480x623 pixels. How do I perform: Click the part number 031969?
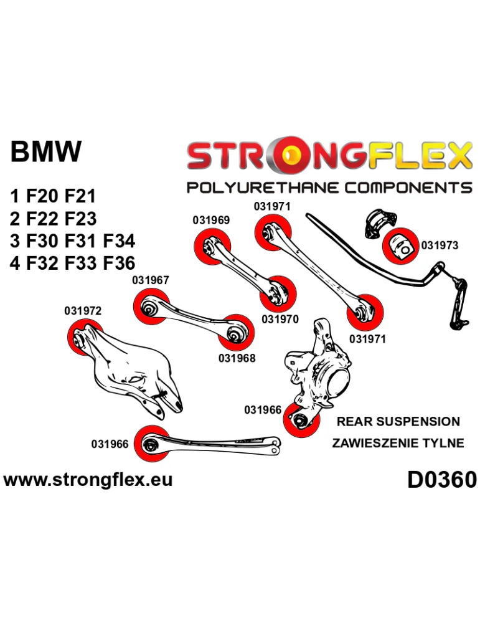tap(211, 220)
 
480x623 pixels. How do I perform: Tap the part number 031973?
tap(439, 245)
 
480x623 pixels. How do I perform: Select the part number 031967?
tap(151, 281)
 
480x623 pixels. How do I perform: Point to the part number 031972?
tap(82, 310)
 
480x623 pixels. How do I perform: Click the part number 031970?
tap(280, 320)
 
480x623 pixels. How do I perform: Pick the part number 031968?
tap(237, 358)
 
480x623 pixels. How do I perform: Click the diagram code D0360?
tap(441, 479)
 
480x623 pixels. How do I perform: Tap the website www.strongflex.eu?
tap(88, 480)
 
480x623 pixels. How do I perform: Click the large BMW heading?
tap(47, 153)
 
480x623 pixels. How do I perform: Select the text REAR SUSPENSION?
tap(398, 422)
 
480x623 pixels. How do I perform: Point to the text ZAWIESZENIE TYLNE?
tap(398, 444)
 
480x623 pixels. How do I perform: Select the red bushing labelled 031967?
tap(150, 307)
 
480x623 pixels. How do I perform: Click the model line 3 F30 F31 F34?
tap(73, 241)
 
